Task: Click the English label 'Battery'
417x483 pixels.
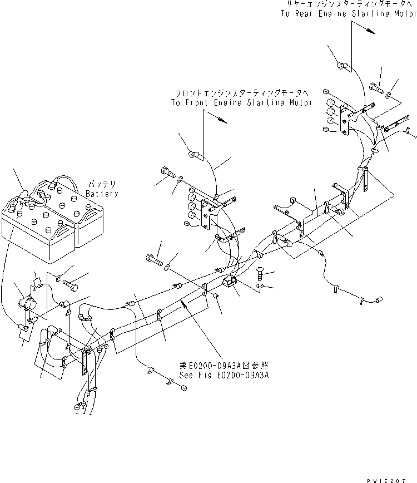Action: point(102,194)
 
